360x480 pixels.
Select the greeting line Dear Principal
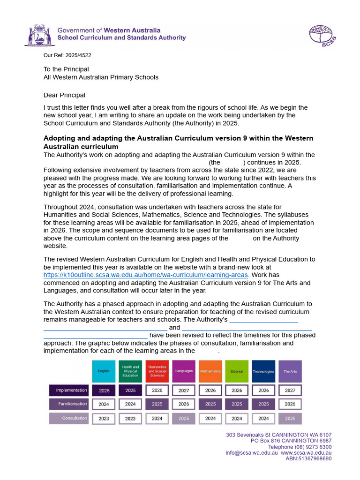pyautogui.click(x=64, y=95)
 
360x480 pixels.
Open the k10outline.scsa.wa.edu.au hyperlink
pyautogui.click(x=146, y=275)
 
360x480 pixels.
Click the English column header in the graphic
pyautogui.click(x=104, y=371)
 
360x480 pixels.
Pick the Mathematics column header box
pyautogui.click(x=210, y=371)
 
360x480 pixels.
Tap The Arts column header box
pyautogui.click(x=290, y=371)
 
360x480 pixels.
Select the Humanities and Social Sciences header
pyautogui.click(x=157, y=371)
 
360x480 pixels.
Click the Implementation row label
pyautogui.click(x=69, y=390)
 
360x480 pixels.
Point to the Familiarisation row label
pyautogui.click(x=69, y=404)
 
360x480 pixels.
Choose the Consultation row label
pyautogui.click(x=69, y=418)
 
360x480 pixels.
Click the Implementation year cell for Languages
pyautogui.click(x=184, y=390)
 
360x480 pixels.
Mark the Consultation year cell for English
pyautogui.click(x=104, y=419)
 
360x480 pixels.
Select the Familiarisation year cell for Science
pyautogui.click(x=237, y=404)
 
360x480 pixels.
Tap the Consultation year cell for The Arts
pyautogui.click(x=290, y=419)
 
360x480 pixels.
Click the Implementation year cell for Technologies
pyautogui.click(x=263, y=390)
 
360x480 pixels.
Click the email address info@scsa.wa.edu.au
pyautogui.click(x=252, y=453)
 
